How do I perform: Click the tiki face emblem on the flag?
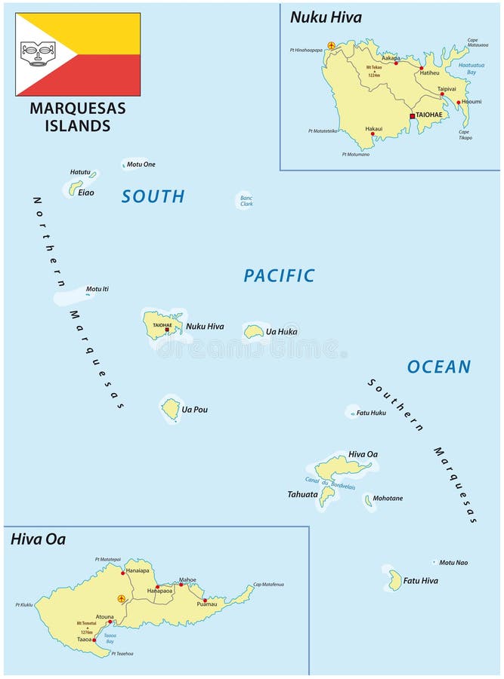coord(37,53)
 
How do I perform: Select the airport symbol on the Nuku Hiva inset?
coord(331,46)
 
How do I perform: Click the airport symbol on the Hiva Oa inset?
coord(121,598)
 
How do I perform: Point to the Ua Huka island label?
coord(281,331)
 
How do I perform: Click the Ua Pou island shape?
coord(171,409)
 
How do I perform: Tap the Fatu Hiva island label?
coord(420,581)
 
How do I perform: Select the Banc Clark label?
coord(246,201)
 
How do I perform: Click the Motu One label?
coord(141,164)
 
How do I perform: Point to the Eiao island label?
coord(87,192)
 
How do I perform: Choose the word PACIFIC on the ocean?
coord(279,276)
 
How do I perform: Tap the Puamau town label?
coord(206,604)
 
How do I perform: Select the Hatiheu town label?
coord(429,73)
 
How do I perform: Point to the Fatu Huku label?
coord(371,413)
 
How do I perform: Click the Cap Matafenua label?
coord(268,584)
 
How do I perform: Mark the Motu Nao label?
coord(453,562)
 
